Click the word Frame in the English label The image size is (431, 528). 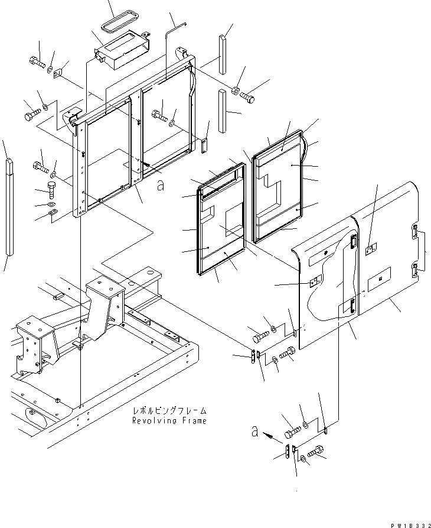pyautogui.click(x=192, y=421)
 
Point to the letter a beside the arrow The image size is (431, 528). pyautogui.click(x=254, y=432)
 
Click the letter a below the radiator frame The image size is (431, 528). pyautogui.click(x=160, y=186)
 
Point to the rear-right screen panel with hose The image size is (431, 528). pyautogui.click(x=278, y=189)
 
